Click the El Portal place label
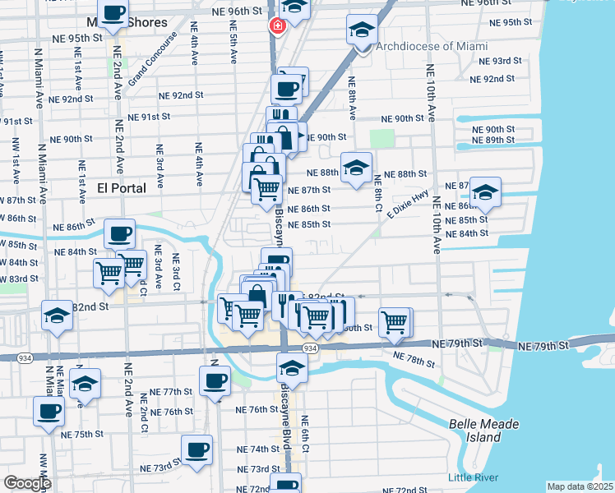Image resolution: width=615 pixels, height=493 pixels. (122, 188)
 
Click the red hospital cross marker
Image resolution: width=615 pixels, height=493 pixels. (277, 26)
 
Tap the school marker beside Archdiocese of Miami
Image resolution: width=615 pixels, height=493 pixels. (362, 31)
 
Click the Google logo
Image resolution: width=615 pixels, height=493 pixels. (27, 483)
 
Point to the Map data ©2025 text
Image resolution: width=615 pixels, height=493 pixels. (580, 486)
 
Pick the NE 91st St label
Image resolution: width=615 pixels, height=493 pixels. (137, 117)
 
